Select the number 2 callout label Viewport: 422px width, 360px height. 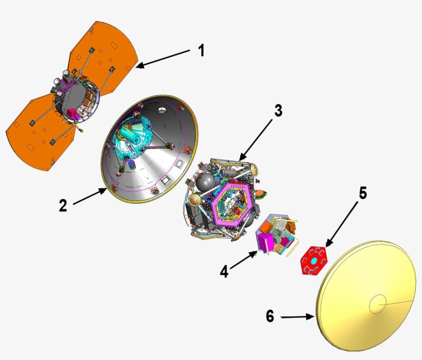pyautogui.click(x=63, y=206)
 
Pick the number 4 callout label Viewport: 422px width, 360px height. pyautogui.click(x=224, y=271)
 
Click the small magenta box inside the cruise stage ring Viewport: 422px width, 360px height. pyautogui.click(x=72, y=112)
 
